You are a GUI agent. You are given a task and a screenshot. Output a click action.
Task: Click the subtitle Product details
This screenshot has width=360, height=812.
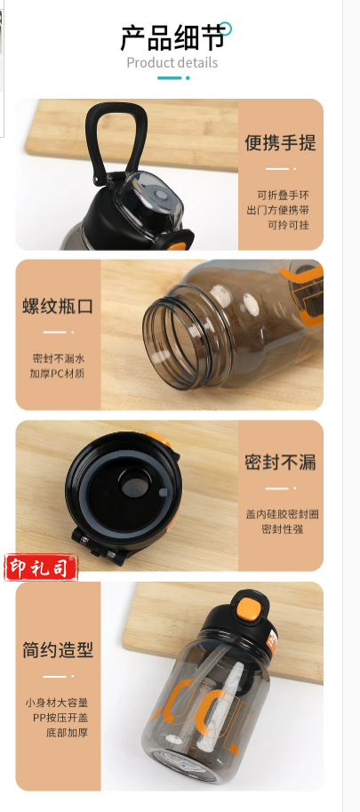tap(172, 63)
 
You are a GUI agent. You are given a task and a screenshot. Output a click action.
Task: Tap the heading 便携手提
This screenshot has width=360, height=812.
tap(280, 142)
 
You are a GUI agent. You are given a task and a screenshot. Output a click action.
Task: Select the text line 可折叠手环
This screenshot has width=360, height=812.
tap(283, 196)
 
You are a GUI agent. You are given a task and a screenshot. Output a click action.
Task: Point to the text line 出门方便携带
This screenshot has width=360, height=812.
tap(277, 210)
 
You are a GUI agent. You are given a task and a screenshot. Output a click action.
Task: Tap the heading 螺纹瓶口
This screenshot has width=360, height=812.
tap(58, 306)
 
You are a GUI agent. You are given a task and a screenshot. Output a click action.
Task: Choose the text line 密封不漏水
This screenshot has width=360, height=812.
tap(59, 358)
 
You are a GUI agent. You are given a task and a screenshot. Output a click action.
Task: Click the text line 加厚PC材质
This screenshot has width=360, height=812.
tap(57, 374)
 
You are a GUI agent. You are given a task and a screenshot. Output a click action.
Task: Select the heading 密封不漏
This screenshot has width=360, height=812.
tap(280, 462)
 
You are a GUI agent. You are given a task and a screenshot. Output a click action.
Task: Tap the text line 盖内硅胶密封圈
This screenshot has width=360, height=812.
tap(282, 514)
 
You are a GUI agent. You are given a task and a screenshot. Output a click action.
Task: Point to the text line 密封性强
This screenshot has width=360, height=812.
tap(282, 529)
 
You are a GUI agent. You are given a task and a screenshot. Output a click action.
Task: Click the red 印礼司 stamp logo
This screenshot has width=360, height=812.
tap(42, 567)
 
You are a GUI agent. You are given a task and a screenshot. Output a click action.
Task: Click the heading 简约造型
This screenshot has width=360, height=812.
tap(58, 649)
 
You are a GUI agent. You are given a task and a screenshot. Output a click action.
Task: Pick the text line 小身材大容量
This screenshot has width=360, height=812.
tap(56, 703)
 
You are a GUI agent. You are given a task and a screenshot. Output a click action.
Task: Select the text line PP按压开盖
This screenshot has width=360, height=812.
tap(60, 718)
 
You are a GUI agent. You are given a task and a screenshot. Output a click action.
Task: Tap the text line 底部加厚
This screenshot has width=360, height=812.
tap(68, 733)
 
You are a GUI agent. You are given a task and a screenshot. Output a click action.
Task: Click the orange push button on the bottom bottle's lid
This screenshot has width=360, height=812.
tap(249, 608)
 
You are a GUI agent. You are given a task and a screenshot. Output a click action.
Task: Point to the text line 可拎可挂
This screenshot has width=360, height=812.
tap(288, 225)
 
